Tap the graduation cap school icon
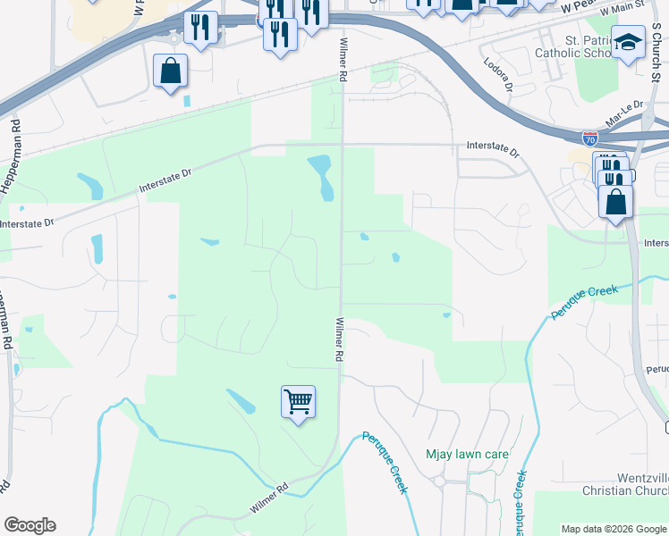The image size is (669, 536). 628,42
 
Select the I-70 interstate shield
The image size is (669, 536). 589,138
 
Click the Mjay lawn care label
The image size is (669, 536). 467,454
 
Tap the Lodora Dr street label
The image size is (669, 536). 497,75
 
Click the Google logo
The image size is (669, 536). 30,525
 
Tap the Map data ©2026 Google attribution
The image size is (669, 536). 613,529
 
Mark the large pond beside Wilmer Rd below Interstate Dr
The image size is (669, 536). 321,175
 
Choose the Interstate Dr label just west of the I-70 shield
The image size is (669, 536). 493,149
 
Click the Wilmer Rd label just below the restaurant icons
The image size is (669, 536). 343,61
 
